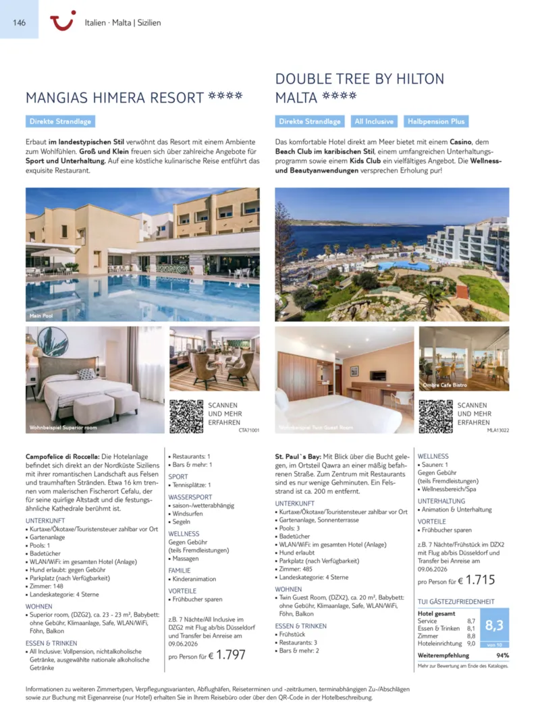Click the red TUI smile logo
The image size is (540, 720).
(x=63, y=22)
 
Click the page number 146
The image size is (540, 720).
(x=19, y=22)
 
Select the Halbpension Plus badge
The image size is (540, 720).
(x=435, y=121)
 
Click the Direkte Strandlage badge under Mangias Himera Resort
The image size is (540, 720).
(x=60, y=121)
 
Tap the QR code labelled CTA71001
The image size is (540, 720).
(x=186, y=416)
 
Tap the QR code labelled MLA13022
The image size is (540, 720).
(x=435, y=416)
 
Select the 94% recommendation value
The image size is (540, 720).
(x=502, y=655)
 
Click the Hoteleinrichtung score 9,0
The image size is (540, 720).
(x=471, y=644)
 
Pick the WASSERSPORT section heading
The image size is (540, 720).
(x=190, y=497)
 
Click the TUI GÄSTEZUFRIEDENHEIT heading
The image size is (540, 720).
(x=456, y=602)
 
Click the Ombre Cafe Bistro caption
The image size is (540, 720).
(x=445, y=385)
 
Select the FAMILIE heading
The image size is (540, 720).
(x=180, y=570)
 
